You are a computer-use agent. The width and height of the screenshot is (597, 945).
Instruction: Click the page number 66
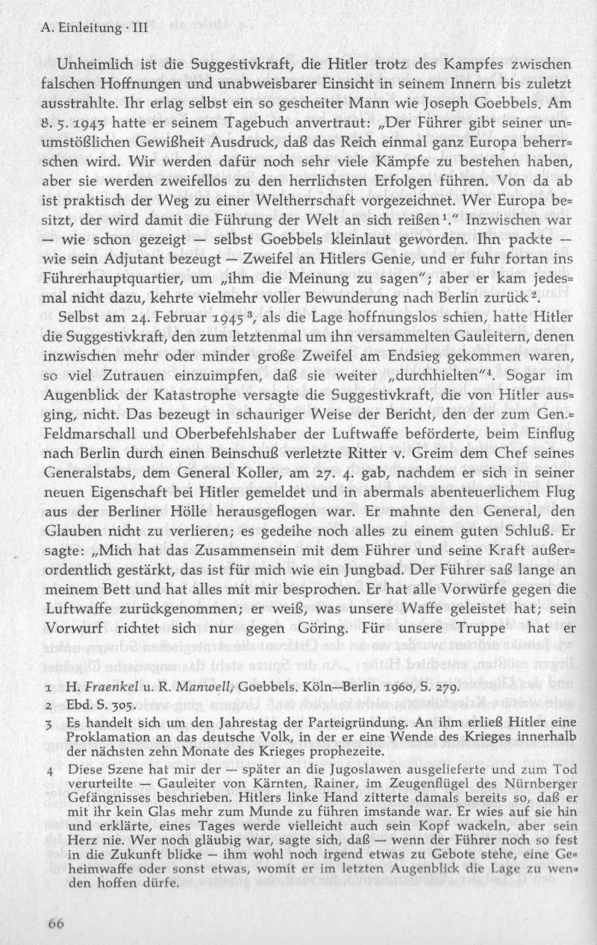click(x=57, y=922)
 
